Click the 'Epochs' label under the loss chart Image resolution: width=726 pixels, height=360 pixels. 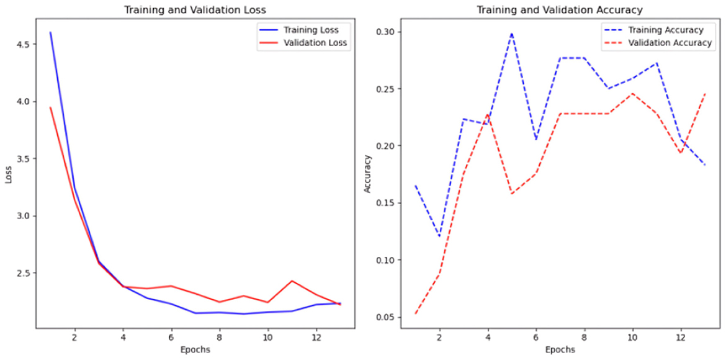pos(195,350)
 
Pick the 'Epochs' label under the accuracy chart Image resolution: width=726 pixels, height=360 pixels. pos(560,350)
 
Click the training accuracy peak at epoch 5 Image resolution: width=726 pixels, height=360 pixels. pos(512,34)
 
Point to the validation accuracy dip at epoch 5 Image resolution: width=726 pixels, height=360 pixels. pos(512,194)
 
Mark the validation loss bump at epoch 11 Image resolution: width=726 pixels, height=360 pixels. pos(292,281)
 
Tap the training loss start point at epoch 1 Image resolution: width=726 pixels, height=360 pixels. pos(50,32)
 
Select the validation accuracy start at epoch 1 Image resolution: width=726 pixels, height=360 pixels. pos(415,313)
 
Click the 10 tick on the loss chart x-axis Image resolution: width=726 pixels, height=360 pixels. pos(267,338)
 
